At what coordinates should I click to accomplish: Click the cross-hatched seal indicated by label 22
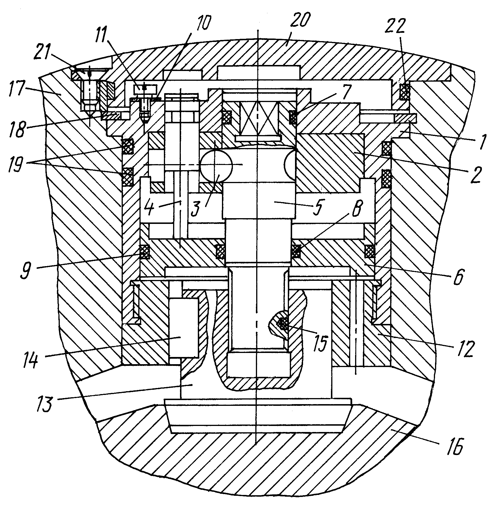click(x=405, y=91)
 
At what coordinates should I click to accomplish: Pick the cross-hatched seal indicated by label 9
click(x=144, y=252)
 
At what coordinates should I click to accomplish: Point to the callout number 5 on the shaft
click(x=318, y=208)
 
